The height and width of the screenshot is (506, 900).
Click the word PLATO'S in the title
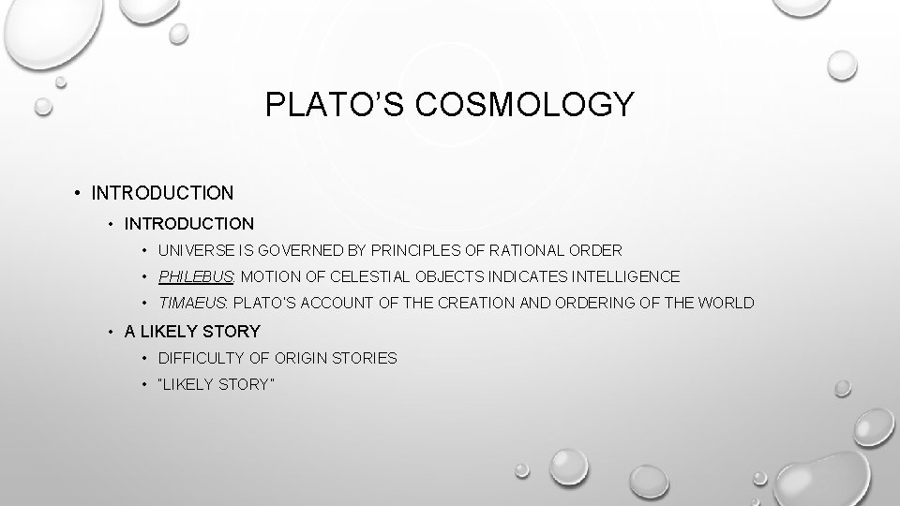[x=321, y=105]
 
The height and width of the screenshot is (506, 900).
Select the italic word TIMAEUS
[x=192, y=303]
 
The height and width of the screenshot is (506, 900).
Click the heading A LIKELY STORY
[x=192, y=331]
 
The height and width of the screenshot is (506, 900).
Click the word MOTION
[x=271, y=276]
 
